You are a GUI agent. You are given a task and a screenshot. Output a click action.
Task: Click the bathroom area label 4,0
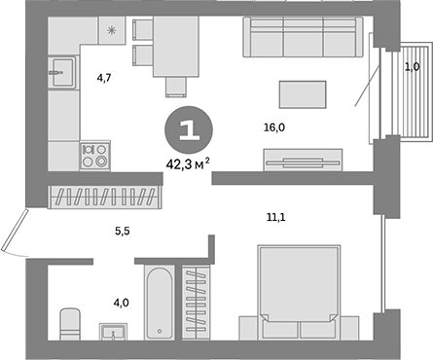point(122,303)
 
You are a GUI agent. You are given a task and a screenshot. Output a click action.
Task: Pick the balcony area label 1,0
point(412,67)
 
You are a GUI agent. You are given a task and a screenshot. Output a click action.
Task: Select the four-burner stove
point(94,156)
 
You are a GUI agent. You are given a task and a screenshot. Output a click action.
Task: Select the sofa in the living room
point(300,39)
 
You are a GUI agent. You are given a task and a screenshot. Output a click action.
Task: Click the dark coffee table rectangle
point(301,94)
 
